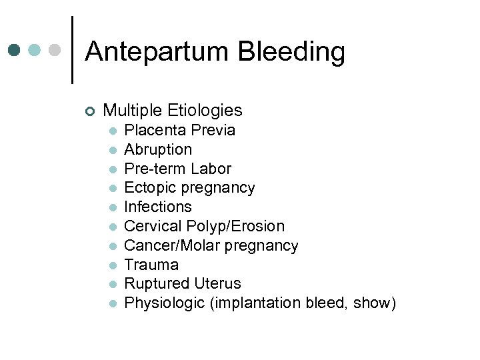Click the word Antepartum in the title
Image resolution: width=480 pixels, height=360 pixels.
[157, 52]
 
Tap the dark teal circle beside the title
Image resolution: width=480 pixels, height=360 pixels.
[14, 50]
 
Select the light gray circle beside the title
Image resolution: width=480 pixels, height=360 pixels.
[56, 50]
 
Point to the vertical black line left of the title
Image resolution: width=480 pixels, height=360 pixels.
[72, 50]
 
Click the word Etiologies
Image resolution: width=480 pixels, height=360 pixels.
[206, 110]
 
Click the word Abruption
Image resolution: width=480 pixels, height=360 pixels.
[158, 149]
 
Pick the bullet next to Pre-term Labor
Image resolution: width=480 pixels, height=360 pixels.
[114, 169]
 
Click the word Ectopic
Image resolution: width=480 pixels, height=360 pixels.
[148, 188]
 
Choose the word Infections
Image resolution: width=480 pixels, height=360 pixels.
[158, 207]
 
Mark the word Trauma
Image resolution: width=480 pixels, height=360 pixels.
[151, 265]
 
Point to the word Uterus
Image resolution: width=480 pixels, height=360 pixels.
[219, 283]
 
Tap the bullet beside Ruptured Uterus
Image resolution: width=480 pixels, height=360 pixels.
[114, 284]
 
